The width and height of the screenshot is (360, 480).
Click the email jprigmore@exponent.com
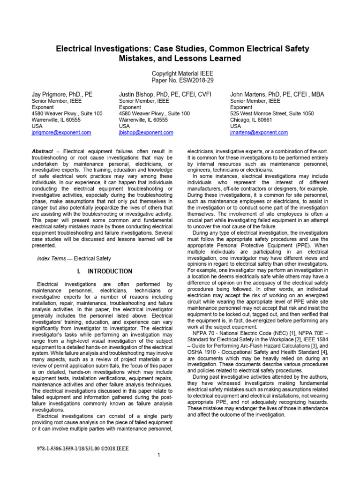click(61, 133)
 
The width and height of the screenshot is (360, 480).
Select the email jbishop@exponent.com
click(146, 133)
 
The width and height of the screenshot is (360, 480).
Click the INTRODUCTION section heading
click(110, 271)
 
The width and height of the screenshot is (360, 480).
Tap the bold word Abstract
click(42, 151)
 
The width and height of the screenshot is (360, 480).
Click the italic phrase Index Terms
click(52, 258)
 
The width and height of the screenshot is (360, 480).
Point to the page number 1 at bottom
click(159, 455)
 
